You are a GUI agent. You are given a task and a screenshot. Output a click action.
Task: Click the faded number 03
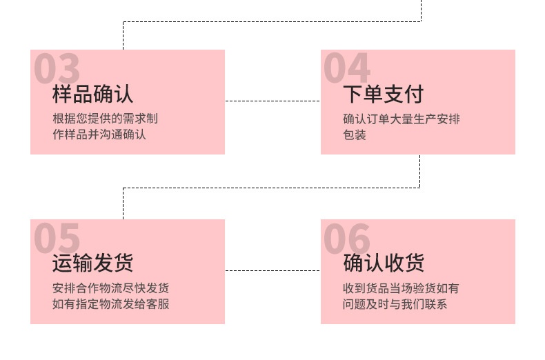(x=57, y=69)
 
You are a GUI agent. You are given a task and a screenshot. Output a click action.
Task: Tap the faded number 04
(x=347, y=69)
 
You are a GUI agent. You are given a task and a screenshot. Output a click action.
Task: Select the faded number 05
(x=57, y=239)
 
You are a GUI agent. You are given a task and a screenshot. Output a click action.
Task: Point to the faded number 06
(x=347, y=239)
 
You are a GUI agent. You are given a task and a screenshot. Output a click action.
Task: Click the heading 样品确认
(x=92, y=94)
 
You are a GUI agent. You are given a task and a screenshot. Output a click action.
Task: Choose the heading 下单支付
(x=383, y=94)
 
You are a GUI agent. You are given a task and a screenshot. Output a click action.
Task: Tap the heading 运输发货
(x=92, y=263)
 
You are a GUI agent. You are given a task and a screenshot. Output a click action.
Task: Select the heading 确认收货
(x=383, y=263)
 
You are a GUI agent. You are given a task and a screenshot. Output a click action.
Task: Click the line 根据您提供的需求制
(x=105, y=119)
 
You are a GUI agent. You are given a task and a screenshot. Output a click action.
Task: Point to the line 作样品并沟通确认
(x=99, y=134)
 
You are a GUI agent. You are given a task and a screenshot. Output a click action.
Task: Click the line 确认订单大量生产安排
(x=401, y=119)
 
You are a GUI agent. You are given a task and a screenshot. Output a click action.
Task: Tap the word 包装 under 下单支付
(x=355, y=134)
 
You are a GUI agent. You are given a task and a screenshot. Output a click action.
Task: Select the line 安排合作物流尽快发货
(x=110, y=288)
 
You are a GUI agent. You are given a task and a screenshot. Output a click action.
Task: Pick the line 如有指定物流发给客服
(x=110, y=304)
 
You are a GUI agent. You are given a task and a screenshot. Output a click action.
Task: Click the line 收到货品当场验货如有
(x=401, y=288)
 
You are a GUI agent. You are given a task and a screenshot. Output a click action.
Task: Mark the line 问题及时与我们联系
(x=395, y=304)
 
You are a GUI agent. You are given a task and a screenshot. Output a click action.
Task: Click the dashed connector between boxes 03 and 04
(x=272, y=101)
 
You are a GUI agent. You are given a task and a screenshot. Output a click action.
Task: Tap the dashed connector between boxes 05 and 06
(x=272, y=270)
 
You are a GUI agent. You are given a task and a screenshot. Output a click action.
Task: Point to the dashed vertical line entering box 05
(x=123, y=203)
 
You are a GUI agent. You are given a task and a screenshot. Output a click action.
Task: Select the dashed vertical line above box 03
(x=123, y=36)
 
